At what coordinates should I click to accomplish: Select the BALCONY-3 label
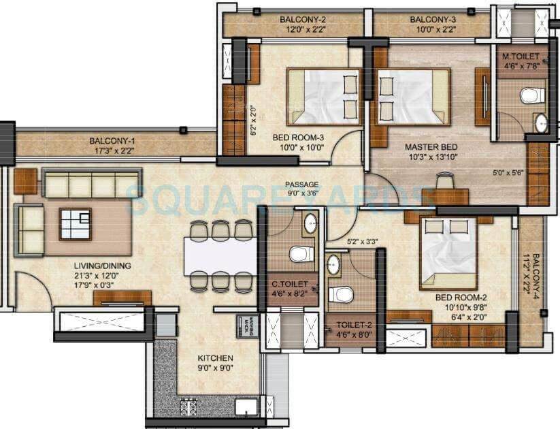pyautogui.click(x=432, y=19)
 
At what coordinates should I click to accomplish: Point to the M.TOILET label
pyautogui.click(x=521, y=57)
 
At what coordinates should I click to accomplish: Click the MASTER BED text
pyautogui.click(x=431, y=146)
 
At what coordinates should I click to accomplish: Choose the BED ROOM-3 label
pyautogui.click(x=298, y=138)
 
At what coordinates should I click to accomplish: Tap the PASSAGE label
pyautogui.click(x=302, y=185)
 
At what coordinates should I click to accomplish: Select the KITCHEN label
pyautogui.click(x=215, y=358)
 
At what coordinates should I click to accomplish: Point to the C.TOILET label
pyautogui.click(x=291, y=284)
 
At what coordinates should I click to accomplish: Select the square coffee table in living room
pyautogui.click(x=75, y=222)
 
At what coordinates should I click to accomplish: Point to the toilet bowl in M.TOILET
pyautogui.click(x=532, y=95)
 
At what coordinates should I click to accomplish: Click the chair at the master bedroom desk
pyautogui.click(x=444, y=181)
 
